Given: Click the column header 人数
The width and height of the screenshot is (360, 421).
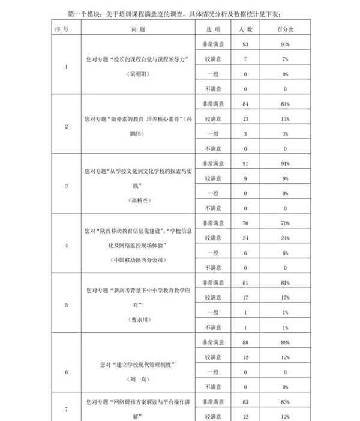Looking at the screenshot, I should point(245,29).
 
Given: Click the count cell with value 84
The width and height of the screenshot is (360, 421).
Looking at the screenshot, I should point(245,104).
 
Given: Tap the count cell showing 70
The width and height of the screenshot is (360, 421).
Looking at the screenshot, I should point(245,223).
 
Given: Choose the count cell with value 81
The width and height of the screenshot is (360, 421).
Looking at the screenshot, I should point(245,282).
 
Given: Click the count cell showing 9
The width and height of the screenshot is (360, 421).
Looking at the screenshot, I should point(245,178).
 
